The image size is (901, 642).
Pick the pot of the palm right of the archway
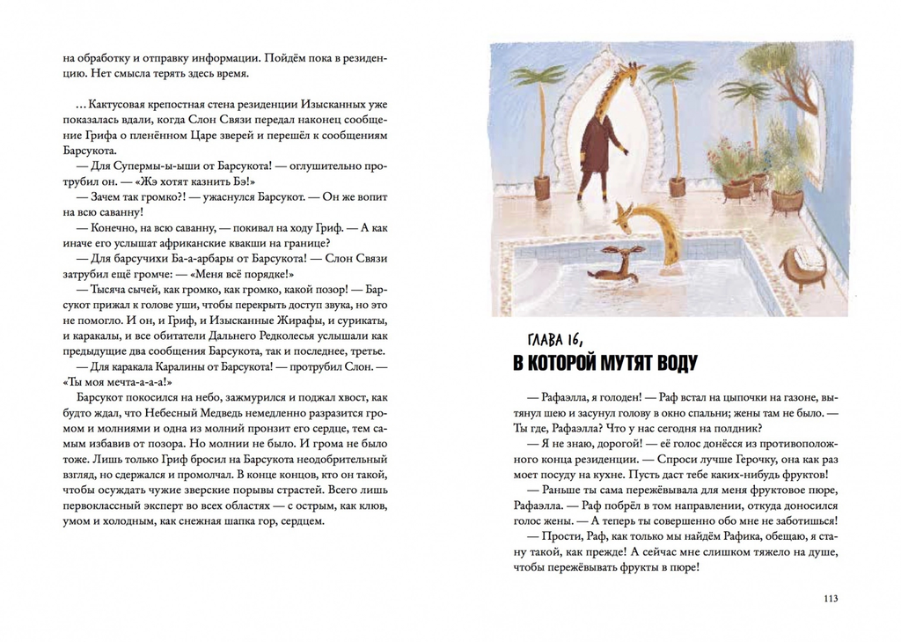tap(678, 187)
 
